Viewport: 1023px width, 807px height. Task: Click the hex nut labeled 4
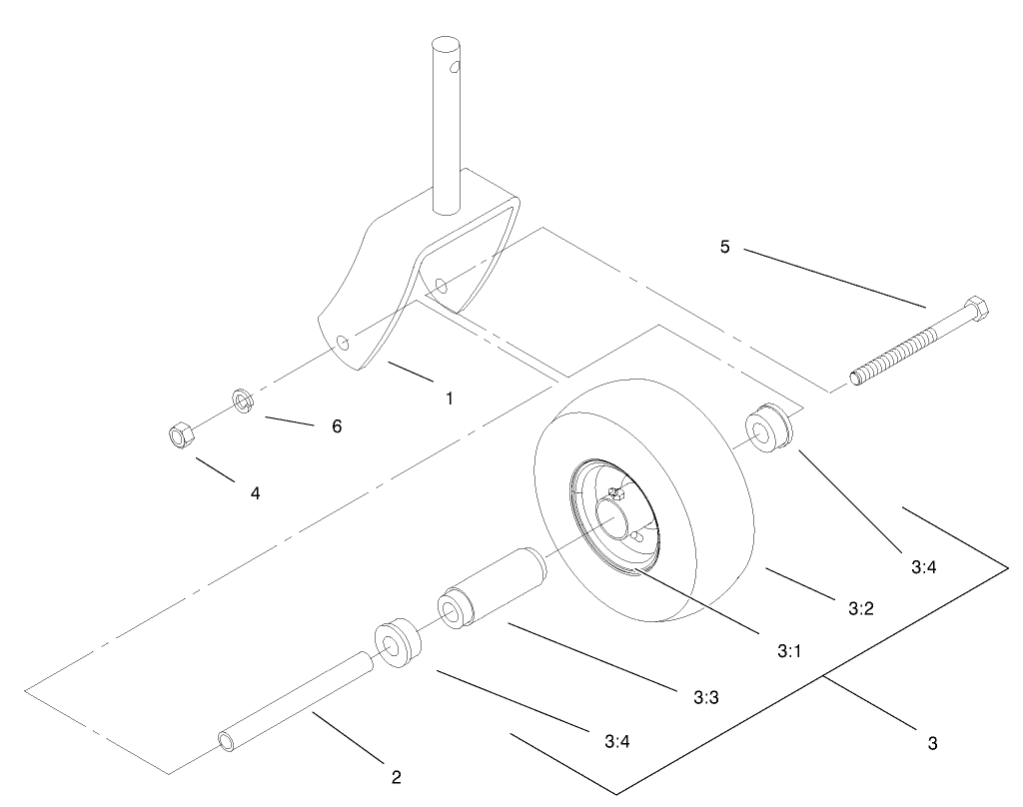178,434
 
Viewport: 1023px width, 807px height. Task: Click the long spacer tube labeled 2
296,699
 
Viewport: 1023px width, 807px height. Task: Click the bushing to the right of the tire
771,428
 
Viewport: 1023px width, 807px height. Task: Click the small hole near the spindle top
457,68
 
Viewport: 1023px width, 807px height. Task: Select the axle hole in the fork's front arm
343,343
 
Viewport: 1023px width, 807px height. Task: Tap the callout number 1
450,398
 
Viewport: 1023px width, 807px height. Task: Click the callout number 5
725,246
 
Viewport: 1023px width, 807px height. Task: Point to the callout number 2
397,777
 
